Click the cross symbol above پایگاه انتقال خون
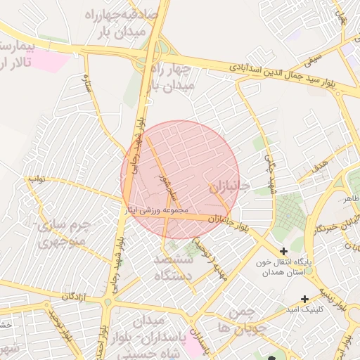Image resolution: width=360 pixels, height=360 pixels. [x=283, y=251]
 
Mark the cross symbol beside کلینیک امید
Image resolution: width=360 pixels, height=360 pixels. [x=304, y=298]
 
